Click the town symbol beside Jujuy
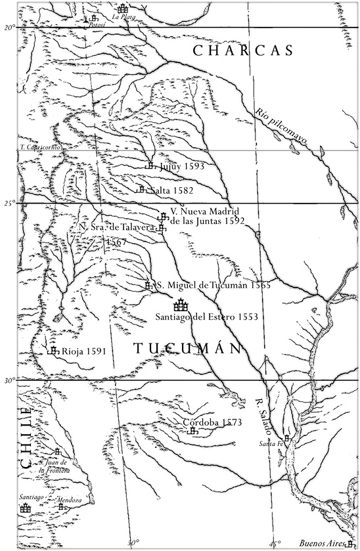[x=150, y=166]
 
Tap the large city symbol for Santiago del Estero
[x=181, y=305]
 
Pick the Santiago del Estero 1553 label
[x=206, y=317]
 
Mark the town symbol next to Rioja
[x=53, y=350]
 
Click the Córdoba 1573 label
[x=213, y=422]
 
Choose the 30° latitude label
[x=9, y=380]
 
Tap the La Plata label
[x=123, y=18]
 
